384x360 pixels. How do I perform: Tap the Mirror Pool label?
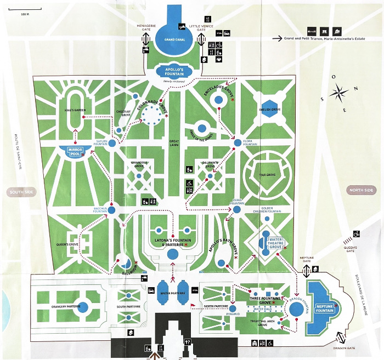click(x=74, y=151)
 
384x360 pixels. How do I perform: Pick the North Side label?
click(x=362, y=190)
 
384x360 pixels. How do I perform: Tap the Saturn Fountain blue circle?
click(x=112, y=143)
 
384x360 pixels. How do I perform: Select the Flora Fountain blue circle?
click(x=237, y=143)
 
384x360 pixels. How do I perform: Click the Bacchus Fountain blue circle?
click(x=111, y=209)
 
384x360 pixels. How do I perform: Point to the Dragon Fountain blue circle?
click(x=297, y=309)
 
